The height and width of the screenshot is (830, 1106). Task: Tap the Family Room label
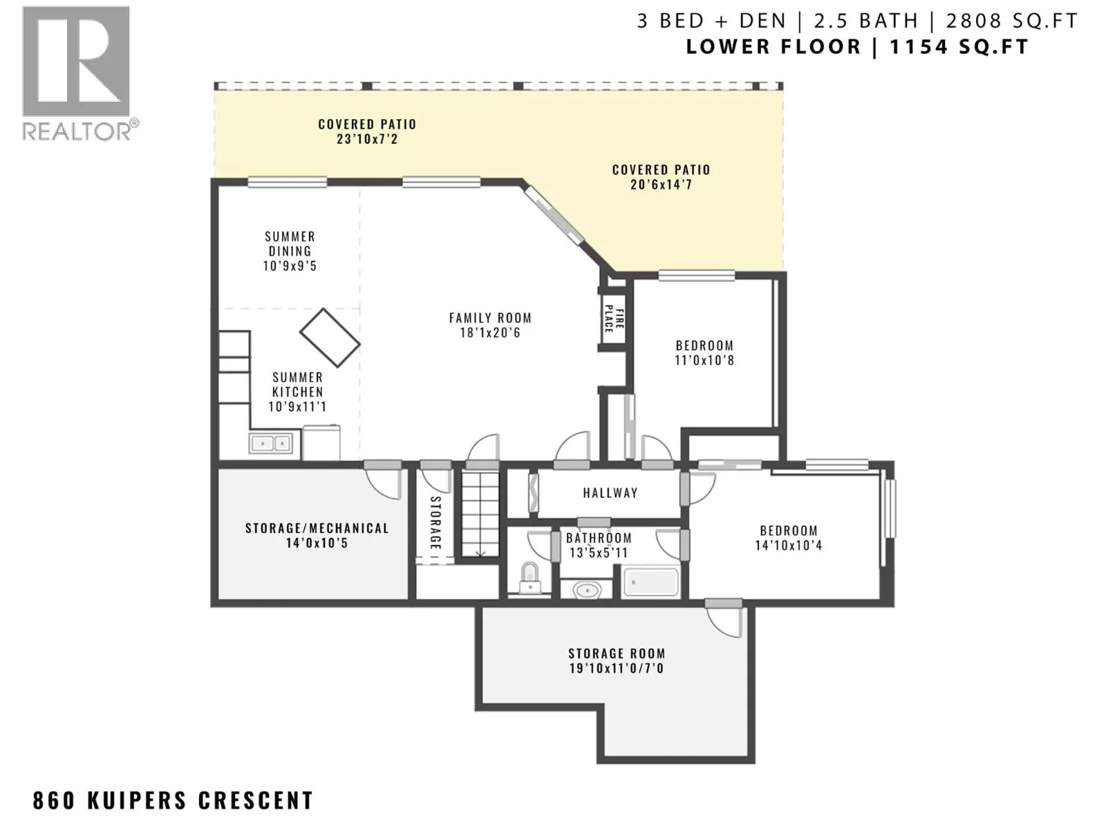490,318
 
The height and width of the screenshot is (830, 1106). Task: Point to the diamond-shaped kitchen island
330,337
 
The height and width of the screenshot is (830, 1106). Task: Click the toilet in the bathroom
529,578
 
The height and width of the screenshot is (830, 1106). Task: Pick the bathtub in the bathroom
650,583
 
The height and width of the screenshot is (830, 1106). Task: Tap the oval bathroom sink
586,589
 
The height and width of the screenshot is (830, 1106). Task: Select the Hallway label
610,492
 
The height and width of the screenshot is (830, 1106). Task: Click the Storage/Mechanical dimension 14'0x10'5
317,543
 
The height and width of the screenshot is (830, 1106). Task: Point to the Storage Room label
617,654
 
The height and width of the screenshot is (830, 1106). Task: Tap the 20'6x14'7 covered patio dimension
661,185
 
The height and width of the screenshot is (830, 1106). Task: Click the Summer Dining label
290,243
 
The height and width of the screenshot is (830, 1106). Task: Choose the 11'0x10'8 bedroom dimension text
704,360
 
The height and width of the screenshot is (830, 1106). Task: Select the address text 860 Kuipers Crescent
173,800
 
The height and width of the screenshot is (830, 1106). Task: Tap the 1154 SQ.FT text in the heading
958,47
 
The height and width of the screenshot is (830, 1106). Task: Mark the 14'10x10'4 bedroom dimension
789,545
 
